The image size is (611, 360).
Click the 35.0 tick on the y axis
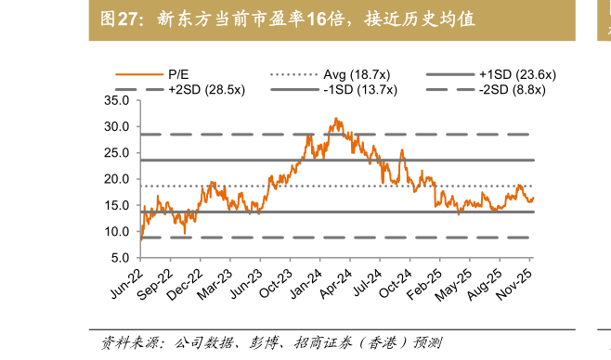(117, 99)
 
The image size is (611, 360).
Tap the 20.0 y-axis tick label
(117, 179)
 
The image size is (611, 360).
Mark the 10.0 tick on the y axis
(117, 232)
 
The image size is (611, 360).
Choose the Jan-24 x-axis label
(319, 284)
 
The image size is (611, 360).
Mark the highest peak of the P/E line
(335, 118)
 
